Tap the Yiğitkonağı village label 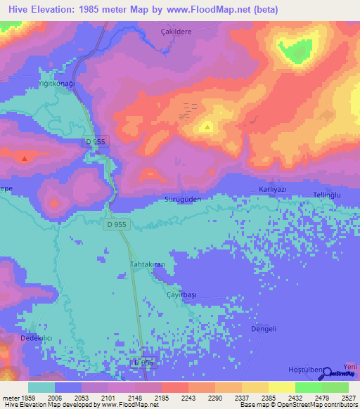click(x=56, y=83)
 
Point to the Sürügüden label click(x=183, y=200)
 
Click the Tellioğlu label click(x=327, y=193)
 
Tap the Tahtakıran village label click(x=148, y=264)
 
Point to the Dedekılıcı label click(x=37, y=338)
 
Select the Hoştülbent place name click(x=308, y=370)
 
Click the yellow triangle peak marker click(x=207, y=127)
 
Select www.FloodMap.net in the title click(x=220, y=10)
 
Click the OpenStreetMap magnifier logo click(x=328, y=373)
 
